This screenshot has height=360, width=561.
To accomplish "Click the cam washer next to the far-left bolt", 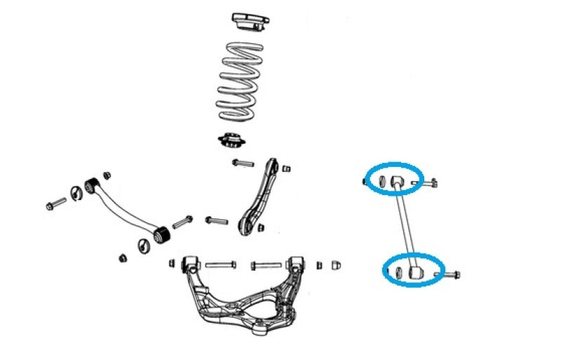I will coord(76,193).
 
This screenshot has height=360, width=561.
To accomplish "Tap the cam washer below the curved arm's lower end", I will coord(144,246).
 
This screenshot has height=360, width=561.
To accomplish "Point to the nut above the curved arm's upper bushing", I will coord(107,174).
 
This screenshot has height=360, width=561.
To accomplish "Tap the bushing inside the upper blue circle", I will coord(397,182).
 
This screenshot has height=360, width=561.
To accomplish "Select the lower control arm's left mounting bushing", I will coord(187,265).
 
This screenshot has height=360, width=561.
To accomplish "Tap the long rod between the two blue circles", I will coord(406,225).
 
